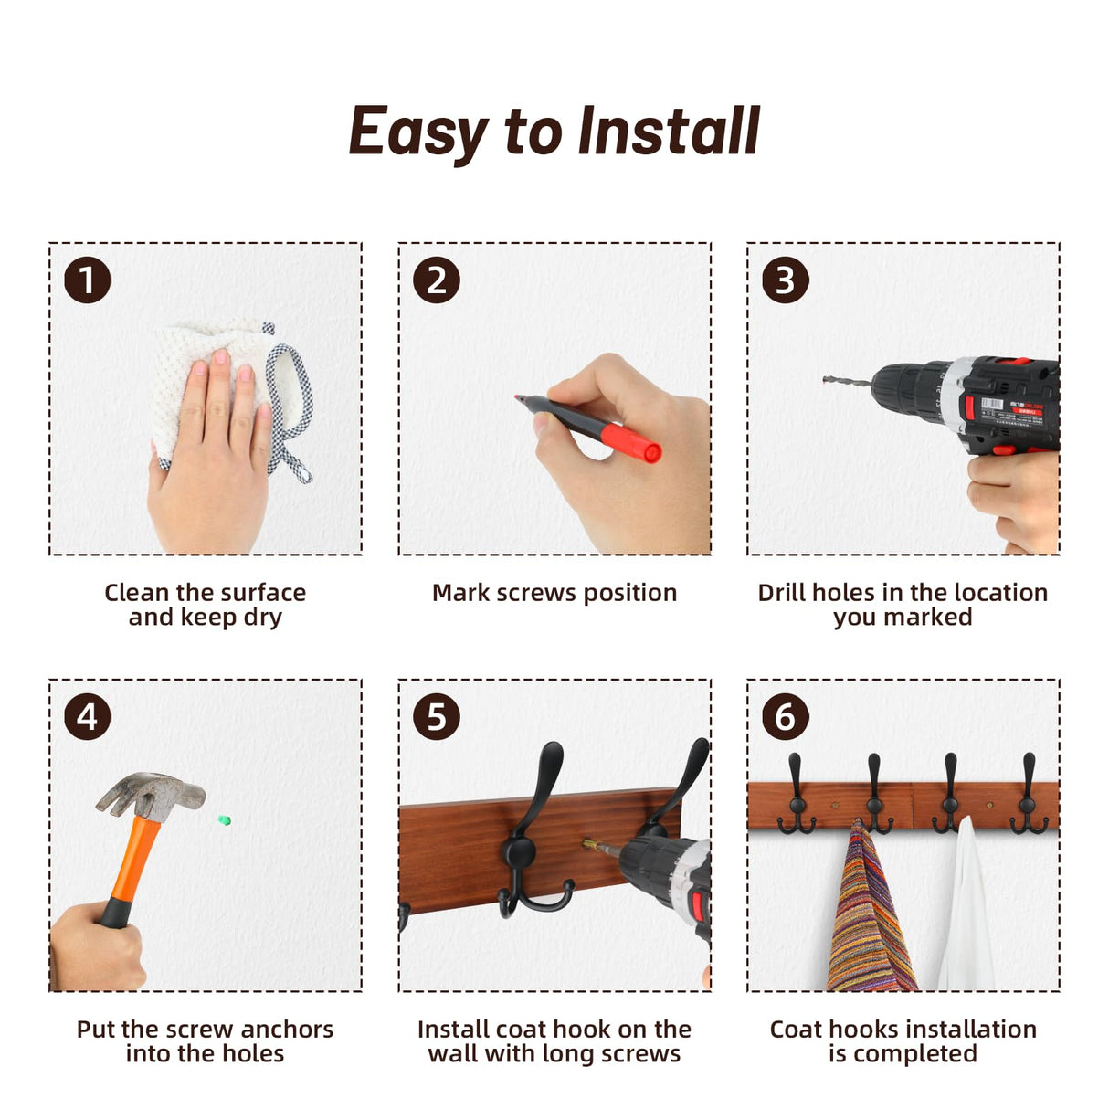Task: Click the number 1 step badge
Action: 88,280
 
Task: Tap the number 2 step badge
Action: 437,280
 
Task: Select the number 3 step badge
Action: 785,280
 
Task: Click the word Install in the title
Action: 669,132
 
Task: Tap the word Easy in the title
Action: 419,135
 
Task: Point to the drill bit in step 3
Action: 847,382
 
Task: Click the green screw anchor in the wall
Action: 225,820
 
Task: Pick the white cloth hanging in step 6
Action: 960,909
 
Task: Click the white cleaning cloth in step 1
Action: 230,391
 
